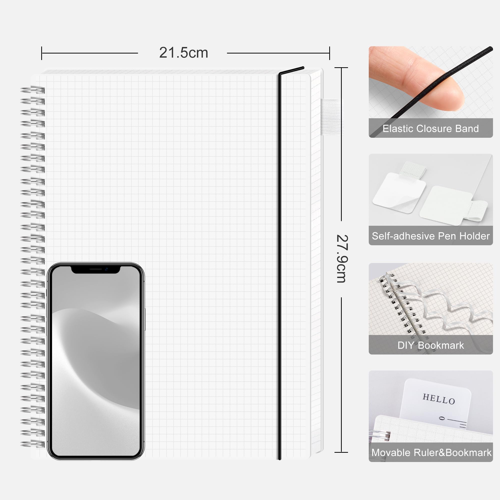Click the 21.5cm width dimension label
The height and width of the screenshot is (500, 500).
click(x=183, y=53)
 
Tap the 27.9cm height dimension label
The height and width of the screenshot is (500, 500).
click(x=342, y=259)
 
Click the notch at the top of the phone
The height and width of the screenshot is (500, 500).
click(x=95, y=270)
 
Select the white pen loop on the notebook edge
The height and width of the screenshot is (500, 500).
click(x=331, y=117)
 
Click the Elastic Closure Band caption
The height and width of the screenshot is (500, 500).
click(x=431, y=128)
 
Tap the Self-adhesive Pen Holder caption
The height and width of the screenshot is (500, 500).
click(x=431, y=236)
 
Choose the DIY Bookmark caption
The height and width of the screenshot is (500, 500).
click(x=431, y=345)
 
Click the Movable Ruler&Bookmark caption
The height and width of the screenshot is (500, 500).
click(x=431, y=453)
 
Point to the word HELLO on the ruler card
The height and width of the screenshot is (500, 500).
click(x=439, y=399)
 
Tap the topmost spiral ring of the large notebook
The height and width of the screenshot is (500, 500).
click(x=33, y=90)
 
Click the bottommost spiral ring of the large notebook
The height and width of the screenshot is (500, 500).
click(x=33, y=444)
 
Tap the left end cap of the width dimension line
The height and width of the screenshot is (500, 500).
click(x=42, y=53)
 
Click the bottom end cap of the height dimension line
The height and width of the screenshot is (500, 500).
click(x=341, y=452)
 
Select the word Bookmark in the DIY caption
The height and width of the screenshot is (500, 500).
click(x=441, y=345)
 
